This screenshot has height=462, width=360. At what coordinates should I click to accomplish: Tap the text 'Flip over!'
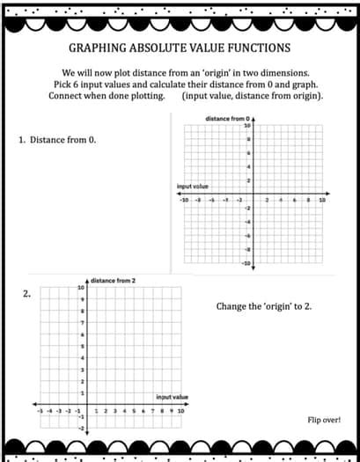(x=324, y=420)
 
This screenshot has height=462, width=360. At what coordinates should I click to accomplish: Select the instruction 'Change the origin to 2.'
(x=263, y=306)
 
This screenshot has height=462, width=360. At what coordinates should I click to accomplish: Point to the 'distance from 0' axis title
(x=227, y=118)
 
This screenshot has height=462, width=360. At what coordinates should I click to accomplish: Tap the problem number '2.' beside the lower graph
(x=27, y=295)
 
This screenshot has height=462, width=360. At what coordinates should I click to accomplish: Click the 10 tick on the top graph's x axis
(x=322, y=201)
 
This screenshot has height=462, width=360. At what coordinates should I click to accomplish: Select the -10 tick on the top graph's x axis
(x=184, y=201)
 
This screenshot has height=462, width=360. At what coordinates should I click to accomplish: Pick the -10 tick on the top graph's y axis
(x=246, y=263)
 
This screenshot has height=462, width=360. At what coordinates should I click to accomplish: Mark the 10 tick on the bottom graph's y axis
(x=82, y=288)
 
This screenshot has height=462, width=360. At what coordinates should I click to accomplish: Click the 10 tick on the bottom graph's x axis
(x=180, y=410)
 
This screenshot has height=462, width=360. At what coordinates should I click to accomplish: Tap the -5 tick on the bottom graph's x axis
(x=39, y=410)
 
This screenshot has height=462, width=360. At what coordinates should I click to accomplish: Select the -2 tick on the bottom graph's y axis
(x=81, y=428)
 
